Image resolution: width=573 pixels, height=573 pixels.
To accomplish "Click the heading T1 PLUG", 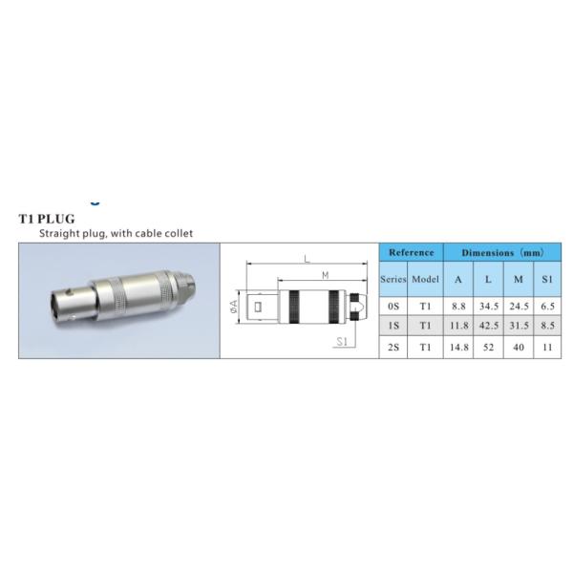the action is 47,219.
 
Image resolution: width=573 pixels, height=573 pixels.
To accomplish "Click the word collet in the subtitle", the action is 179,233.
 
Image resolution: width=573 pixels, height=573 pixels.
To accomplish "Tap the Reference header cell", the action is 411,252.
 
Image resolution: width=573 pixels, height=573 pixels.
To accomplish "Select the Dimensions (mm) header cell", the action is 502,252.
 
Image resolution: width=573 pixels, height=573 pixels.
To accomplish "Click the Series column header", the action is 393,279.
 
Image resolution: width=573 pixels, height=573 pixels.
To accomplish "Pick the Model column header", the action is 425,279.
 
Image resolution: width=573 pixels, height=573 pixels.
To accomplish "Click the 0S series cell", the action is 393,307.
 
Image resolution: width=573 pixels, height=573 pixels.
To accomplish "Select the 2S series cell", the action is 393,347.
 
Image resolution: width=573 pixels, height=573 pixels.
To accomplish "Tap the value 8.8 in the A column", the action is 458,307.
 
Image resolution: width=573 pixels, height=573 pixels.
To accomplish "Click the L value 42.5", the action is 489,326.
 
